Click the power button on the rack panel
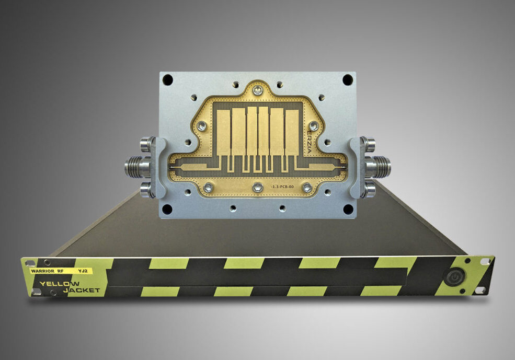tap(454, 277)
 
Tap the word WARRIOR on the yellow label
tap(42, 271)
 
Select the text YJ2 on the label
tap(83, 271)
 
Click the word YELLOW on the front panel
tap(60, 284)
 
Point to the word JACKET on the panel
tap(82, 290)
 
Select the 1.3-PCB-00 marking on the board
tap(282, 187)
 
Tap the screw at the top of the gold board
tap(257, 89)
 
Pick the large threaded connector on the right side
tap(377, 166)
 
